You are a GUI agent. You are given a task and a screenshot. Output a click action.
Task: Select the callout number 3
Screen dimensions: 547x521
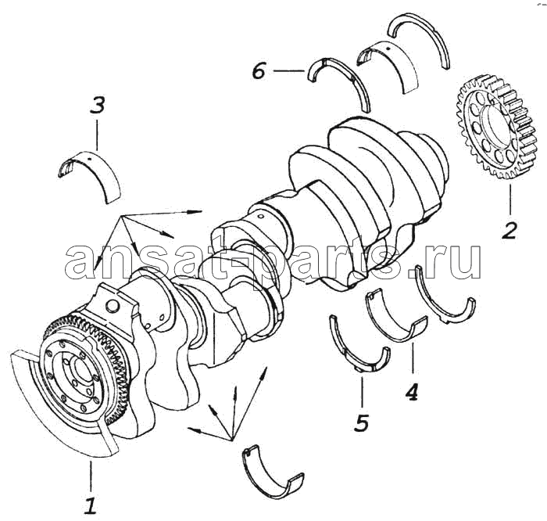point(98,105)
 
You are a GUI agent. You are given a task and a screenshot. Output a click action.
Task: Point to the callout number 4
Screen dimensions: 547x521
point(412,391)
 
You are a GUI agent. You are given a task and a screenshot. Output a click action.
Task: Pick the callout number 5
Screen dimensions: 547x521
point(361,422)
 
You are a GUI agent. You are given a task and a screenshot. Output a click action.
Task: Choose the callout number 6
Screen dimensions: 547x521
point(259,71)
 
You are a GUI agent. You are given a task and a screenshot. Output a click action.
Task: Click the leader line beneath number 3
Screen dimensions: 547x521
point(98,135)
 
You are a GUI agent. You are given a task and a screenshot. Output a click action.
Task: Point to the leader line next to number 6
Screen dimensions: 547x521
point(289,71)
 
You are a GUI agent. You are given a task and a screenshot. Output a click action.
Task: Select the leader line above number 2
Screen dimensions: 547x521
point(510,199)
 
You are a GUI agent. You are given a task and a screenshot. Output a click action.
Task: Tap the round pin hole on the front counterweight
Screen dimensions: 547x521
point(113,306)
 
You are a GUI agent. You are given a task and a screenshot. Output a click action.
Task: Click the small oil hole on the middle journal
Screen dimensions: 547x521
point(260,217)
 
